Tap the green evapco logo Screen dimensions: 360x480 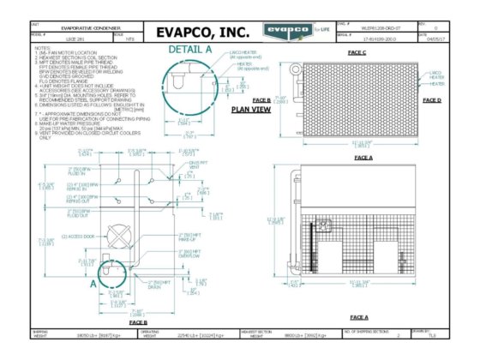pos(288,32)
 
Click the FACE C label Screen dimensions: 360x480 pos(357,52)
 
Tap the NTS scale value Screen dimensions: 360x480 pos(129,39)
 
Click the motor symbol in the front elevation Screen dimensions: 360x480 pos(326,228)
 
